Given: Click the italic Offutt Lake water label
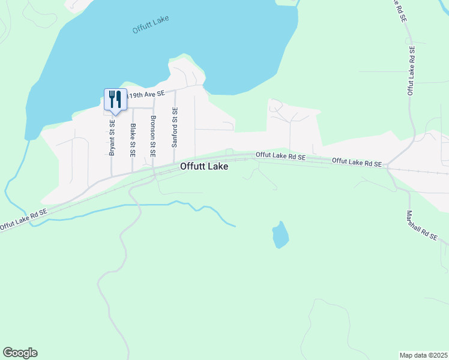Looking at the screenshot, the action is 151,23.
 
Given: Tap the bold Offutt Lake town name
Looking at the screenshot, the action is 204,167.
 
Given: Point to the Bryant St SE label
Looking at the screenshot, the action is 112,137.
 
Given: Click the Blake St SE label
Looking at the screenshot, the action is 133,140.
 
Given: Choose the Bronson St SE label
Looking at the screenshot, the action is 153,136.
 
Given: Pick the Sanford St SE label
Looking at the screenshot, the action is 174,128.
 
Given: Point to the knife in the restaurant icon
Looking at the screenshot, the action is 118,98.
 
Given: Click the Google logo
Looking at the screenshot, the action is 20,353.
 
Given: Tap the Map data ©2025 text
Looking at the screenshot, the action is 424,355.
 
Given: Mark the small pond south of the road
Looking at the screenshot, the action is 280,235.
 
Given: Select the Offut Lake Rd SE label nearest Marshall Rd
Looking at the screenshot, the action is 357,162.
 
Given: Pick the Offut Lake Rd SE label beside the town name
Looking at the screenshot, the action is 281,155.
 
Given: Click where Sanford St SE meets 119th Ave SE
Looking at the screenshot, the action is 175,91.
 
